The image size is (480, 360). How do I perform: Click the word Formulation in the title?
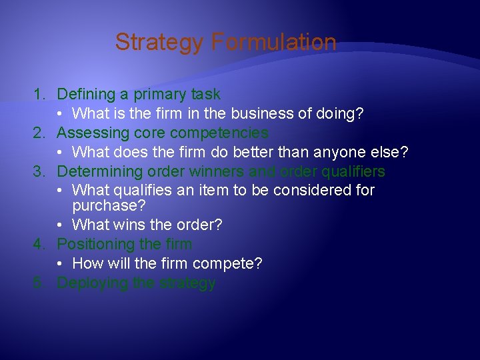273,43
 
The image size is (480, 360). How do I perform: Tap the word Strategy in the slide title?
159,43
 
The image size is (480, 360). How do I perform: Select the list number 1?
39,95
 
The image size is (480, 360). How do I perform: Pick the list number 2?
39,133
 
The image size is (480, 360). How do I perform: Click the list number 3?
39,171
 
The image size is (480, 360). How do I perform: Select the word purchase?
109,205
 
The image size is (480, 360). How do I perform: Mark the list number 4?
39,245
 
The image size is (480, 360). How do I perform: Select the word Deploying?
92,283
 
